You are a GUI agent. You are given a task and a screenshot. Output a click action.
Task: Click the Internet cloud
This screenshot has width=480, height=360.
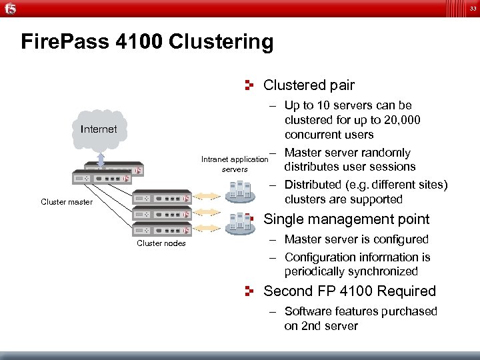click(x=98, y=129)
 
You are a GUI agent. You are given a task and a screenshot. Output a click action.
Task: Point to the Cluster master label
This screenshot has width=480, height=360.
click(x=67, y=201)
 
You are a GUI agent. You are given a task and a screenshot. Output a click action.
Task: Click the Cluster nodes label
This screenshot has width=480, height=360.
click(x=161, y=243)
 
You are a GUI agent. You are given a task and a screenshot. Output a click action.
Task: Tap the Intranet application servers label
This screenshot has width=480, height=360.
click(x=234, y=164)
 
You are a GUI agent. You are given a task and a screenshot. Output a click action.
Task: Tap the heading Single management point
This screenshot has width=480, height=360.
click(x=347, y=219)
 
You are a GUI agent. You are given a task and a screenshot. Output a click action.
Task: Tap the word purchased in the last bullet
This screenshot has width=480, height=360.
click(x=409, y=311)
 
